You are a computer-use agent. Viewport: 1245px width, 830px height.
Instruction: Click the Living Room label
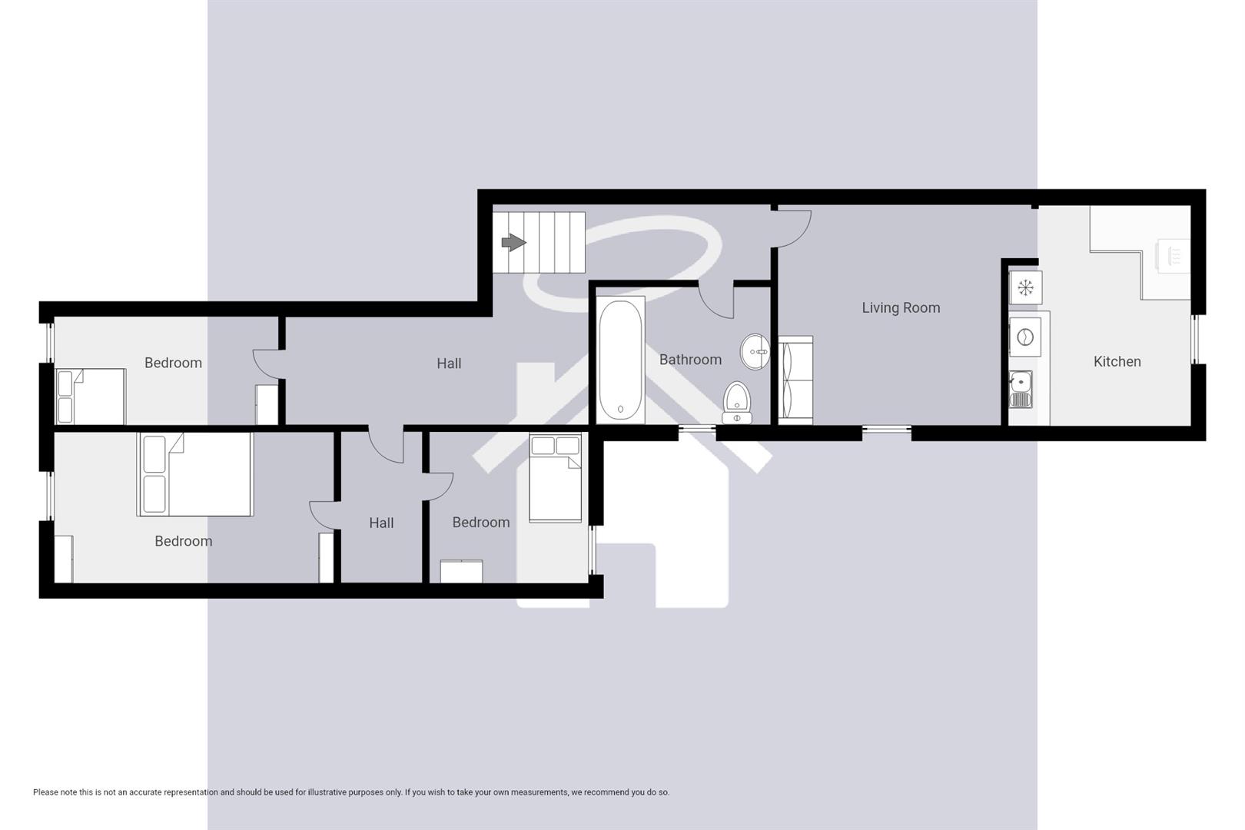(x=901, y=307)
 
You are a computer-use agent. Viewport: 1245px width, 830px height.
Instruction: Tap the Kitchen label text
(x=1117, y=361)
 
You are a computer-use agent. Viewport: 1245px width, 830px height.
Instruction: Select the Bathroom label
(x=690, y=360)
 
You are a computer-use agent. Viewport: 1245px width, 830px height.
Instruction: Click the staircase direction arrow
(x=513, y=243)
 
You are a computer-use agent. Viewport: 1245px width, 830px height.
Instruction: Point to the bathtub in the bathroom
(x=620, y=359)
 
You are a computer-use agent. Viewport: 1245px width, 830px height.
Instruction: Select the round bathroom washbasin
(x=755, y=352)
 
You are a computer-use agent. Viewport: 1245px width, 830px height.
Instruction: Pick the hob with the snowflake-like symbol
(x=1025, y=287)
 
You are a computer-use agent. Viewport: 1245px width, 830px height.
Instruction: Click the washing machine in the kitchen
(x=1024, y=337)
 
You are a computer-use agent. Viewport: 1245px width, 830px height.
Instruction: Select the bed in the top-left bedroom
(x=91, y=396)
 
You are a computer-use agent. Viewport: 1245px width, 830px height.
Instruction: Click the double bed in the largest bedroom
(x=195, y=474)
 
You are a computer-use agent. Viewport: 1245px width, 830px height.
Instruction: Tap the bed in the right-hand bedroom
(x=556, y=478)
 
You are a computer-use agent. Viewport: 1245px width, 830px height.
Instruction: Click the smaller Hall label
(x=381, y=523)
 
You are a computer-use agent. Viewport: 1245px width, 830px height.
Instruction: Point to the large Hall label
(x=449, y=364)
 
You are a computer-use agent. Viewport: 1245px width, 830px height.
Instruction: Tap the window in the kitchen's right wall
(x=1195, y=338)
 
